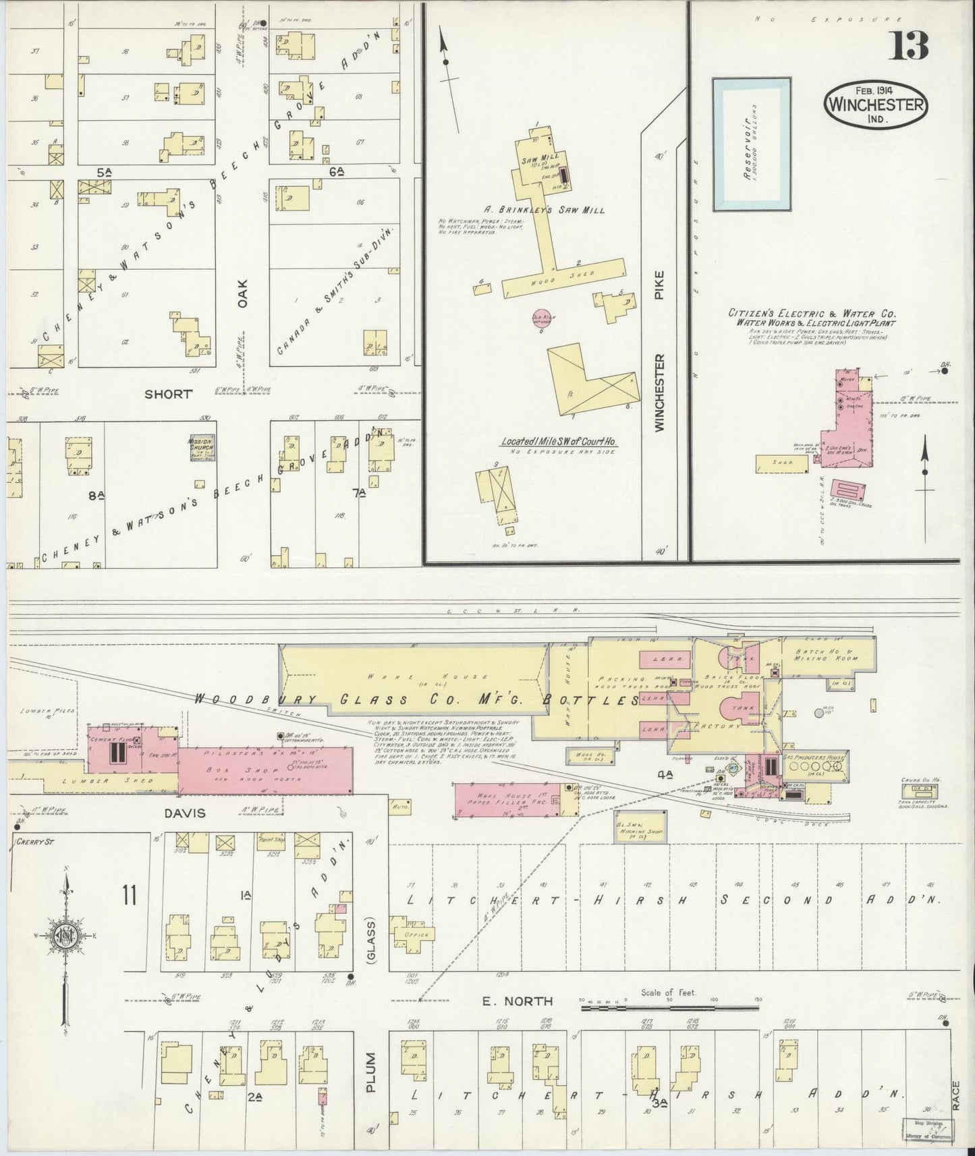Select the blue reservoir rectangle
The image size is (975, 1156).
click(x=752, y=144)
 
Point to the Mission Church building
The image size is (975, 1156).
click(x=200, y=447)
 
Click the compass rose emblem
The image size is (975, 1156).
click(x=65, y=937)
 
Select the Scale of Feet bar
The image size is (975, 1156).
click(x=668, y=1008)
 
